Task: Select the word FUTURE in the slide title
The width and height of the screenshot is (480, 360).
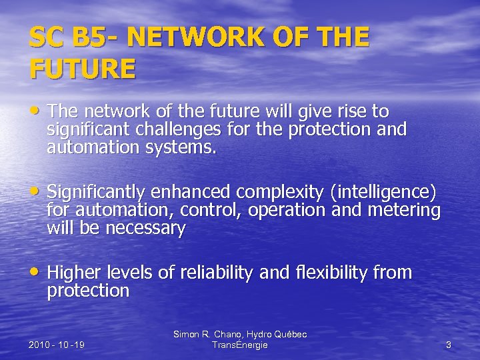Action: coord(82,69)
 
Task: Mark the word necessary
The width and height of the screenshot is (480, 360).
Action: coord(141,229)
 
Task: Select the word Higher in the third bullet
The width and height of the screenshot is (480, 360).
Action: coord(73,273)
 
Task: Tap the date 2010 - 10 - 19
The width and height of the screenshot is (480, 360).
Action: coord(57,345)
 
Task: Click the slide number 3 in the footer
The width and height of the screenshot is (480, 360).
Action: coord(449,345)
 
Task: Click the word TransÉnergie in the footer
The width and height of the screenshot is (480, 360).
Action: coord(239,345)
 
